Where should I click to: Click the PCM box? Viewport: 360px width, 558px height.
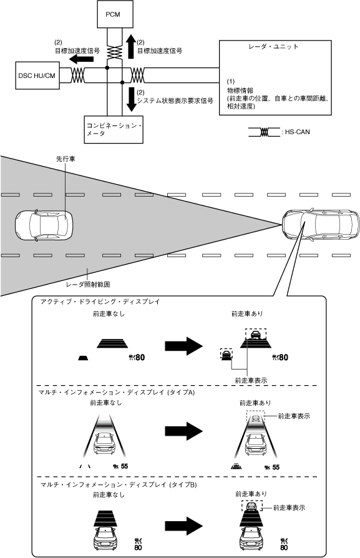(115, 14)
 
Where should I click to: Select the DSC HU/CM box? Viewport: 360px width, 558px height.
(37, 76)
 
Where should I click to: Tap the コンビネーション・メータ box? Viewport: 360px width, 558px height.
(114, 130)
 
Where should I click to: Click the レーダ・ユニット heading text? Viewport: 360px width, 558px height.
(273, 47)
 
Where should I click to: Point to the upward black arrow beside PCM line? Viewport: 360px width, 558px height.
(131, 46)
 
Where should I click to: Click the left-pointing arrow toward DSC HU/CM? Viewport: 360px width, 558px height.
(81, 58)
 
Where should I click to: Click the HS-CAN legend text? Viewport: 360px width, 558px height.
(298, 132)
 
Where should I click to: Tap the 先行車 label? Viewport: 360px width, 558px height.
(66, 159)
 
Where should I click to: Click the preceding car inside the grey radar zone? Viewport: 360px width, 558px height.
(44, 225)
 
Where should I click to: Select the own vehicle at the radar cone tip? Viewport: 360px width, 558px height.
(321, 224)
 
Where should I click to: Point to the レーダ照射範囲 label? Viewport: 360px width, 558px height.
(88, 285)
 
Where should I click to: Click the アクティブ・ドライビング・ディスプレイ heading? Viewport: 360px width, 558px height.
(100, 301)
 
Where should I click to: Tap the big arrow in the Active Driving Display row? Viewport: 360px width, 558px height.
(183, 346)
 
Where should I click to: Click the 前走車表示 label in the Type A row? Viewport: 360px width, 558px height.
(294, 416)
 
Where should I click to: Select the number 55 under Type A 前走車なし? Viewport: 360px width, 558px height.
(124, 466)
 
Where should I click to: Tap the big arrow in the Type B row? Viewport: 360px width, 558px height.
(183, 526)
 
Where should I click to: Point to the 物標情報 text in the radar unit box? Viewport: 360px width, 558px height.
(240, 91)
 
